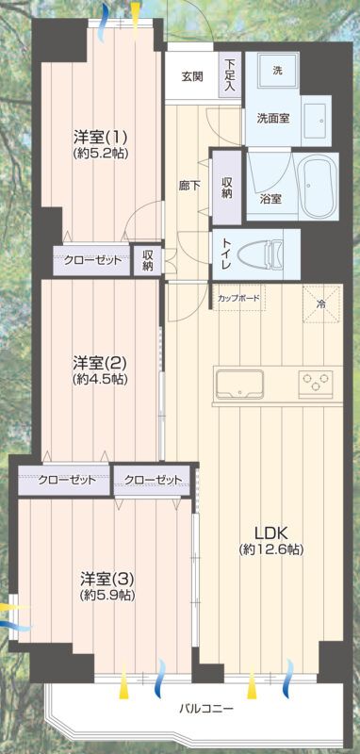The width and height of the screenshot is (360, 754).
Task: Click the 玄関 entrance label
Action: pyautogui.click(x=191, y=77)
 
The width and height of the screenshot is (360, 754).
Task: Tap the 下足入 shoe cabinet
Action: pyautogui.click(x=231, y=75)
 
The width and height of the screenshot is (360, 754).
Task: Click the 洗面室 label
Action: pyautogui.click(x=273, y=119)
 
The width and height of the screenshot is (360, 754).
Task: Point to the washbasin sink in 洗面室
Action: pyautogui.click(x=316, y=120)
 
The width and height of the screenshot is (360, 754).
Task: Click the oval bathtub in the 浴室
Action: pyautogui.click(x=317, y=187)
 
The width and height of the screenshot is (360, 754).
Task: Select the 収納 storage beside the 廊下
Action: pyautogui.click(x=227, y=187)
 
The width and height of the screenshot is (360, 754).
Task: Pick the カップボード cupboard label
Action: pyautogui.click(x=238, y=298)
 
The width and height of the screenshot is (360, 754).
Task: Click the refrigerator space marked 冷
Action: pyautogui.click(x=320, y=303)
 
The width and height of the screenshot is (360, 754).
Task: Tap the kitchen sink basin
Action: pyautogui.click(x=238, y=385)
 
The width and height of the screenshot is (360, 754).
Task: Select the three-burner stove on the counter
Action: pyautogui.click(x=316, y=385)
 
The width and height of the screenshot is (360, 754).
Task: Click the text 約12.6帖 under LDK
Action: pyautogui.click(x=271, y=550)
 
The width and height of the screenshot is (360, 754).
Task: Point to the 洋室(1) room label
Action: pyautogui.click(x=100, y=138)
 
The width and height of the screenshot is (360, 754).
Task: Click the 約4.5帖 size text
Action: pyautogui.click(x=100, y=380)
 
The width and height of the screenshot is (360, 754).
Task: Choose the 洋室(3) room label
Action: pyautogui.click(x=106, y=577)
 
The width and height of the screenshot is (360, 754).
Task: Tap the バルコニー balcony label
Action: pyautogui.click(x=206, y=709)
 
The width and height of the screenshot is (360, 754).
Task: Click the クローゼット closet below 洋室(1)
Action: pyautogui.click(x=91, y=261)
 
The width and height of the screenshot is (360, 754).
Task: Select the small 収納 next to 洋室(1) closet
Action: pyautogui.click(x=148, y=261)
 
